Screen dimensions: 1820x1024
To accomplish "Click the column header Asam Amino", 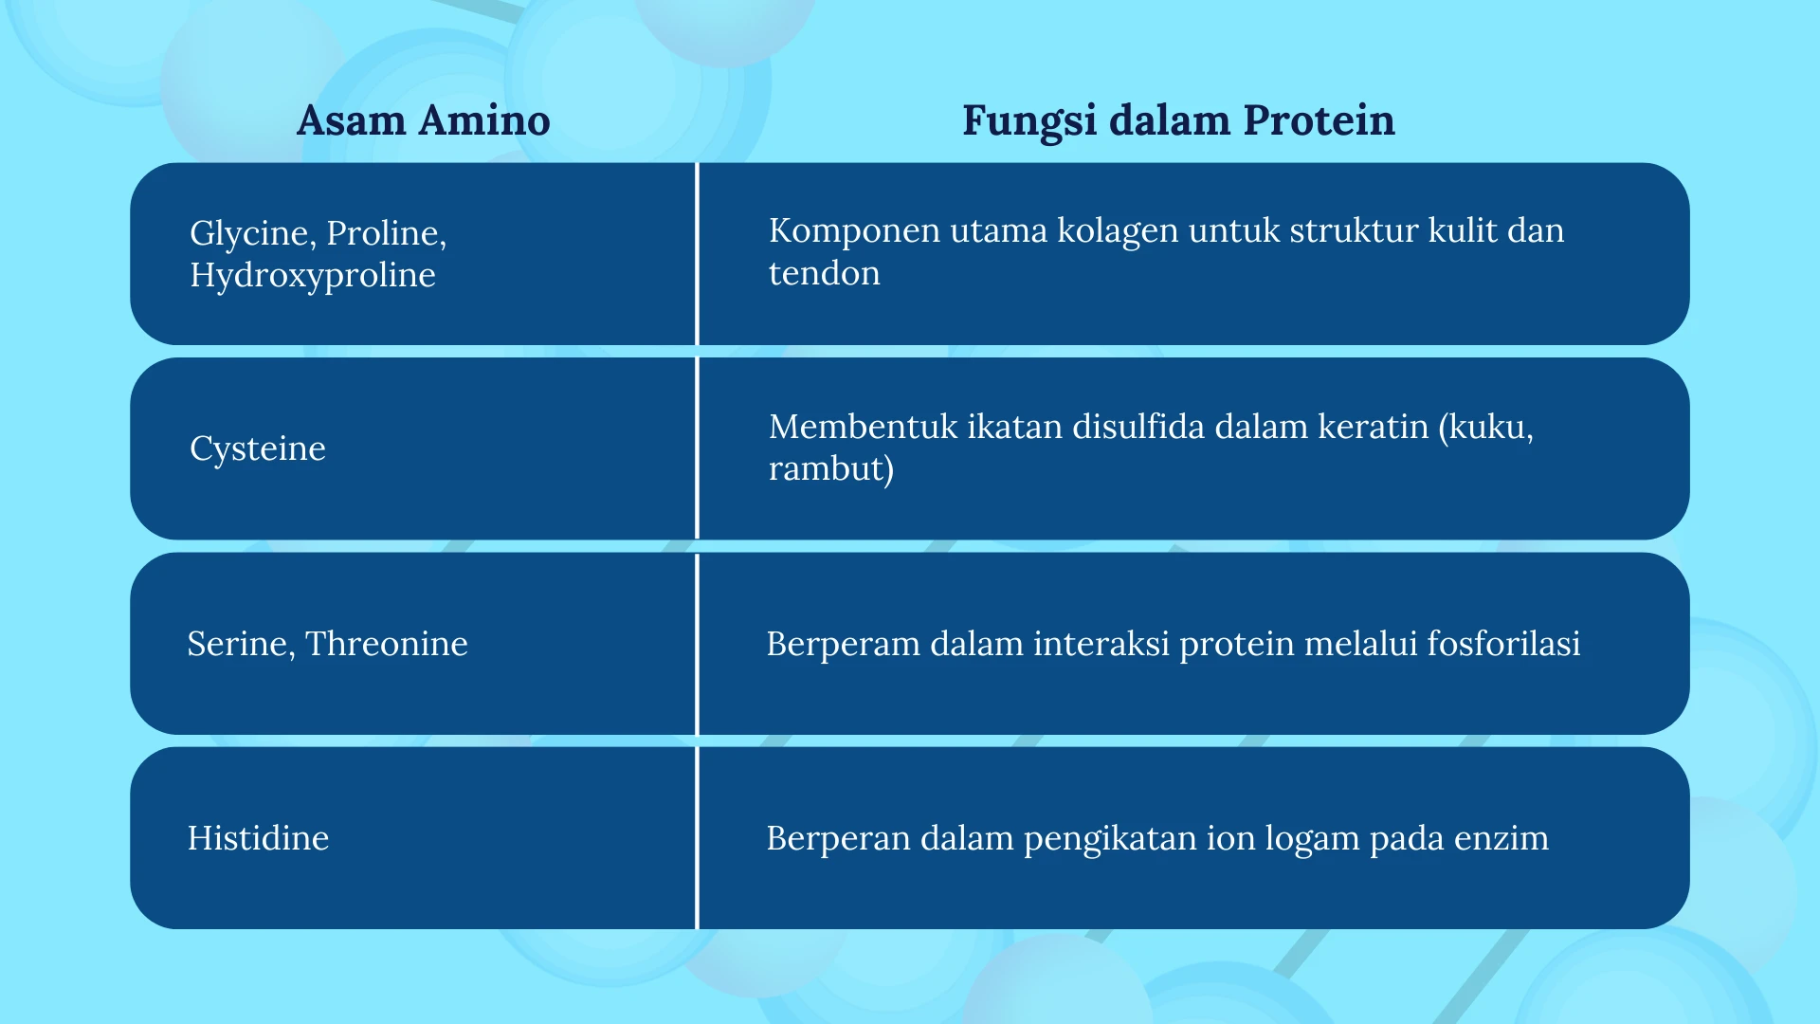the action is click(423, 120).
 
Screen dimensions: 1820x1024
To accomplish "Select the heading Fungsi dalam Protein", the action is click(1178, 121).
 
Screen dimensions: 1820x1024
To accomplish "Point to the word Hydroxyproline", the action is click(313, 275).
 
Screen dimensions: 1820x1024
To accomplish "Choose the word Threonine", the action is click(387, 644).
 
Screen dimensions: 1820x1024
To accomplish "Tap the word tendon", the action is click(824, 273).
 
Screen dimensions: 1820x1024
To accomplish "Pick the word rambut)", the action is click(831, 469).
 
